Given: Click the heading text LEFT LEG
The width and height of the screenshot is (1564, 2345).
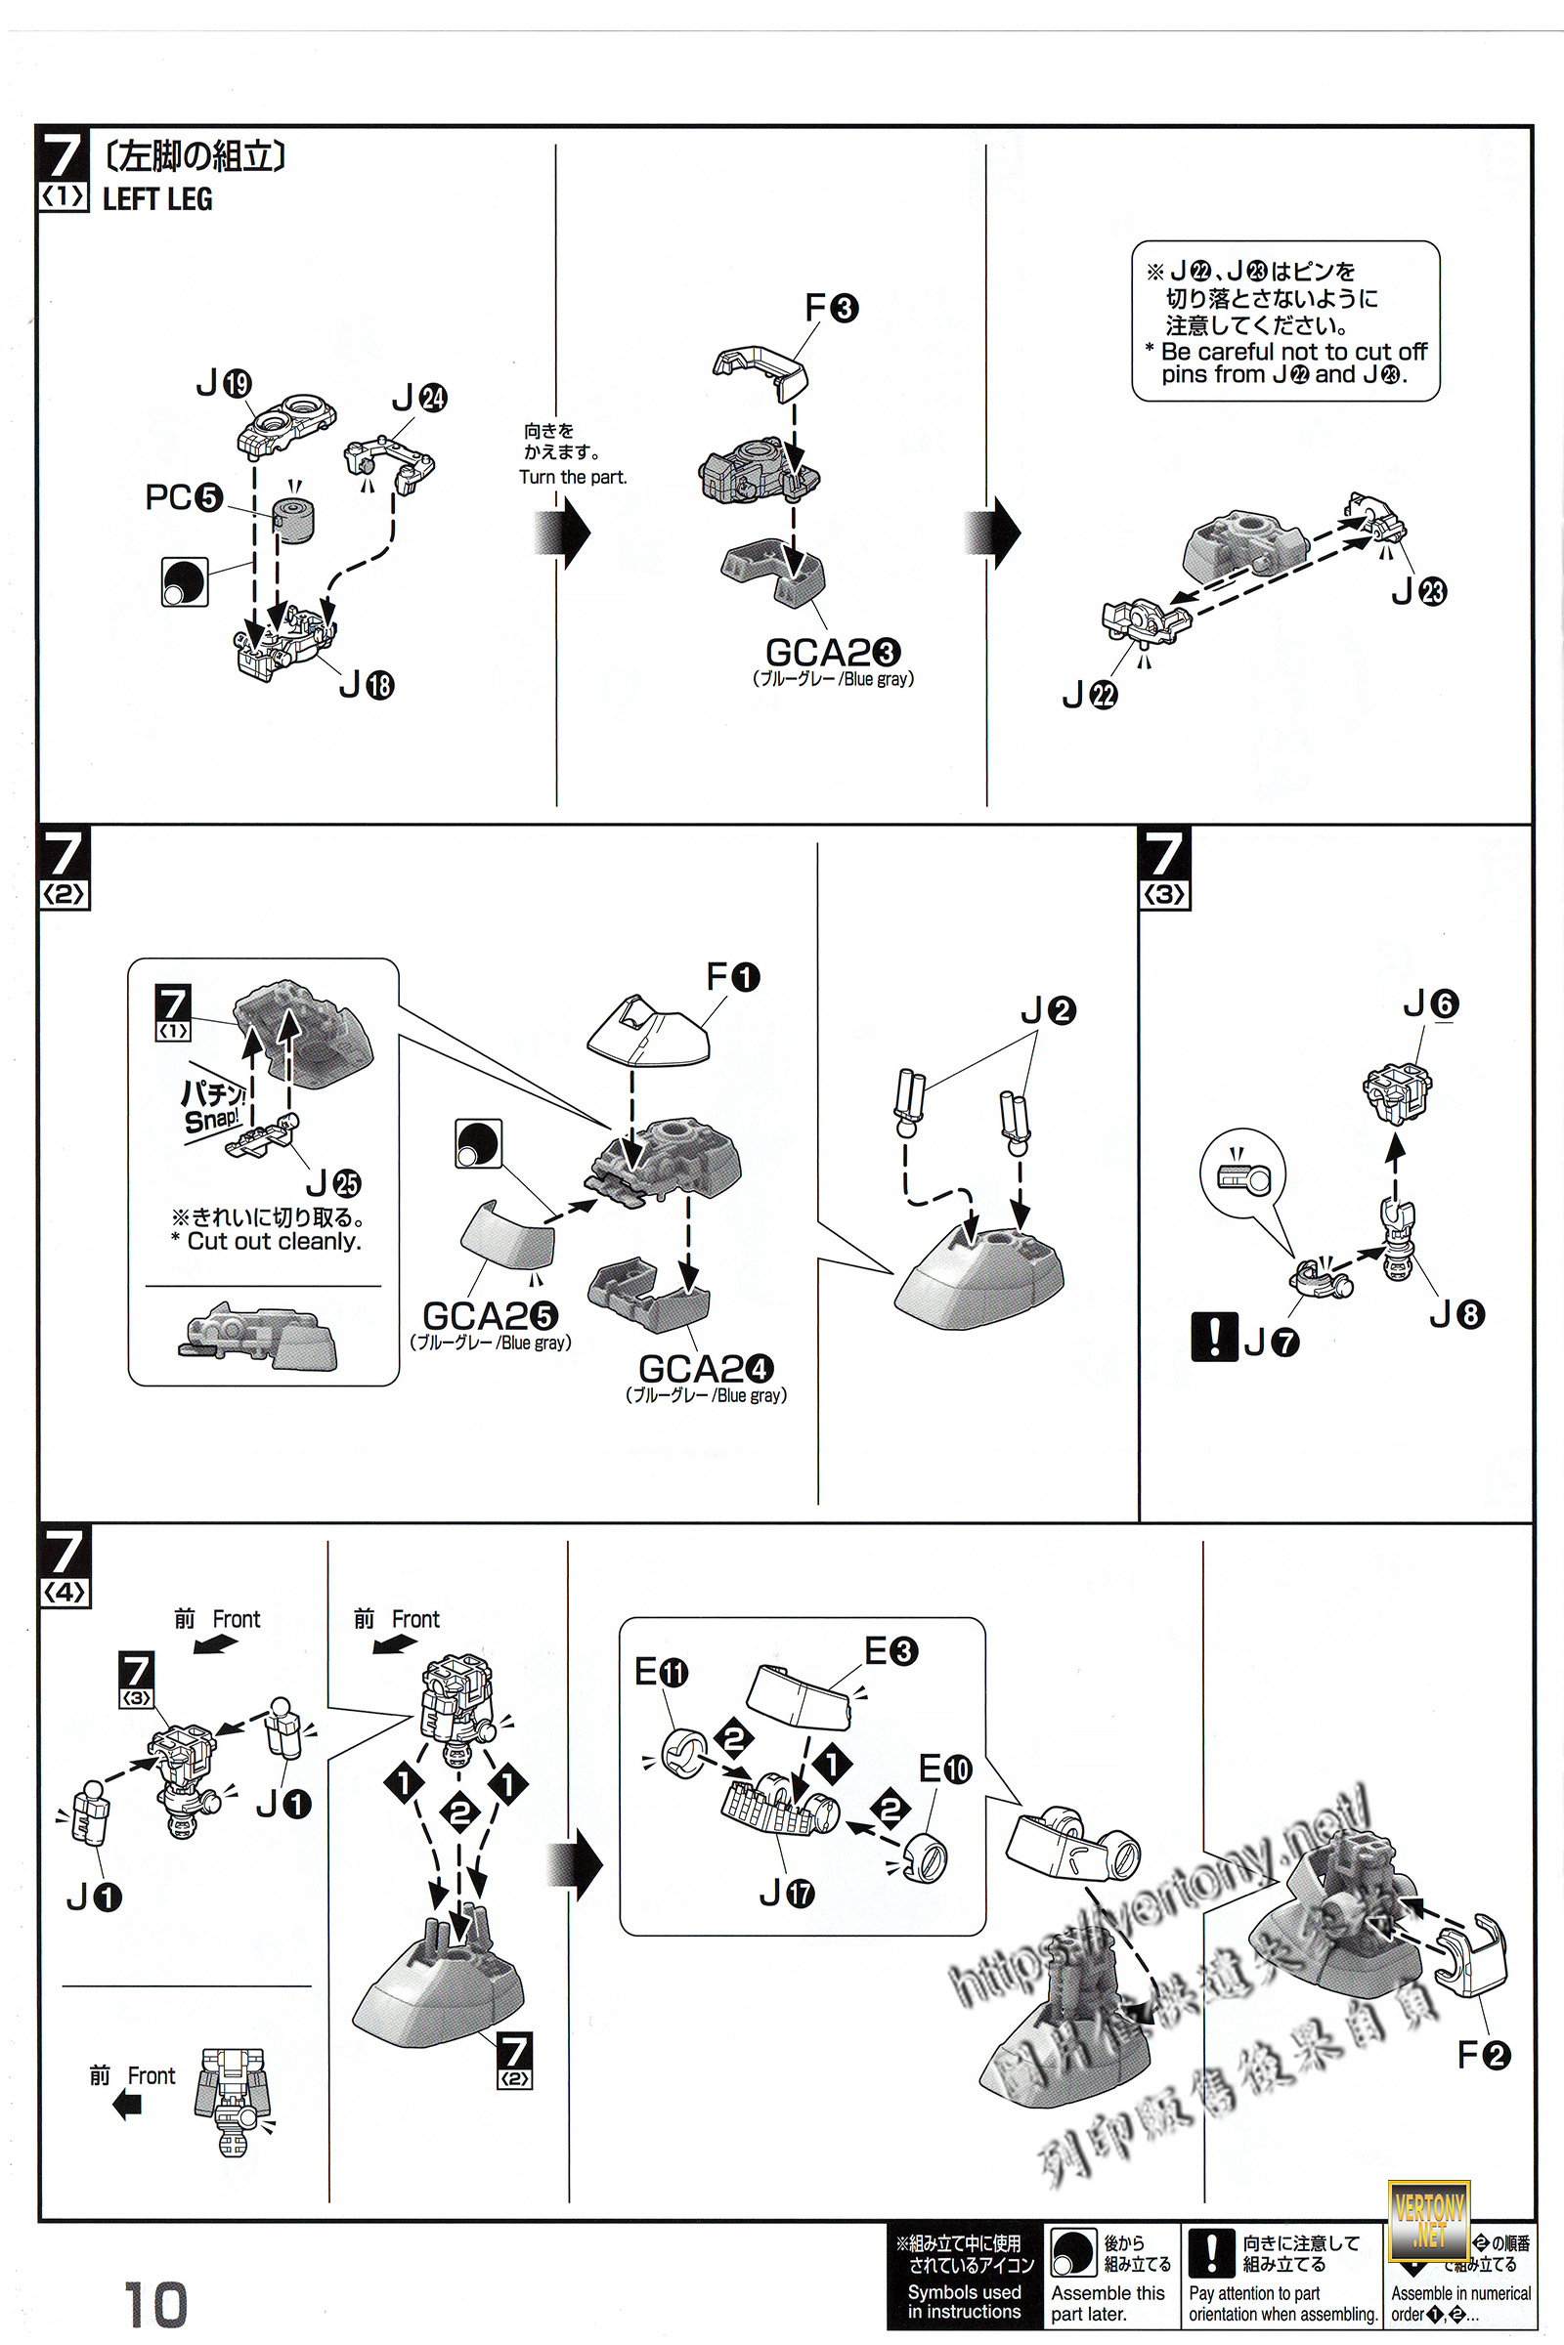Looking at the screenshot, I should pos(157,199).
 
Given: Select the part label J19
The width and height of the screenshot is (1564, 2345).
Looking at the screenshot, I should pos(224,383).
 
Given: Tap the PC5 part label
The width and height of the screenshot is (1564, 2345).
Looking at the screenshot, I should pos(184,496).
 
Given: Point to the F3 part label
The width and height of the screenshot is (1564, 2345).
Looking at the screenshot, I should pos(831,307).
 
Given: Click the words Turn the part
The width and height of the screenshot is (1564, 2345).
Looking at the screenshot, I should pos(573,478).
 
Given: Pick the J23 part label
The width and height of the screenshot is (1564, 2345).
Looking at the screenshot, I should pos(1418,591).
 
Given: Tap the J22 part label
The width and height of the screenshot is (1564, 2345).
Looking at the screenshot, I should pos(1089,694).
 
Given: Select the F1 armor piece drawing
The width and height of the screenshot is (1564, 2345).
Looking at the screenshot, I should pos(648,1031).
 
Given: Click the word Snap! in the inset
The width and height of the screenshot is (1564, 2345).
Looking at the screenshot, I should pos(211,1119).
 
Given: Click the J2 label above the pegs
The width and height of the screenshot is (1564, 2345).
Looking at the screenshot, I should pos(1047,1011).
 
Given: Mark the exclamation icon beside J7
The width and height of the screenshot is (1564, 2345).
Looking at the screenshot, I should pos(1213,1336).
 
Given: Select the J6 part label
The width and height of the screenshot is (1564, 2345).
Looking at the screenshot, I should pos(1430,1003).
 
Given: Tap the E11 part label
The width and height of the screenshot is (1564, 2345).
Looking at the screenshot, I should pos(662,1671).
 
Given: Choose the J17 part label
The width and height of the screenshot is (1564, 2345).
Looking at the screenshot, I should pos(786,1893).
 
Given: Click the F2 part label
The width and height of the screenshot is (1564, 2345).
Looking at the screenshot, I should pos(1483,2054).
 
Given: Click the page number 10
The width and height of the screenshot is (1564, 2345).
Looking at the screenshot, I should pos(155,2304).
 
